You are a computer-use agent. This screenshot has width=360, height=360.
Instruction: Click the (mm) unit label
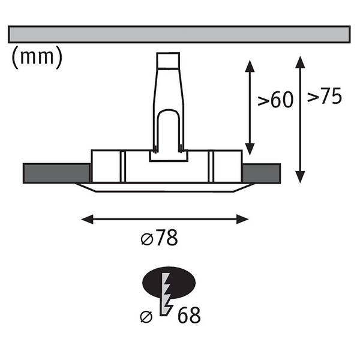pyautogui.click(x=37, y=57)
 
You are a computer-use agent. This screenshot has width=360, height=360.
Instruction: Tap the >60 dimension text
pyautogui.click(x=275, y=100)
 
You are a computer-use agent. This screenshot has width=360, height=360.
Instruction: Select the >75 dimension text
pyautogui.click(x=325, y=96)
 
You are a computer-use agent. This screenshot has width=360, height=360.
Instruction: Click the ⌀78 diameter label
pyautogui.click(x=160, y=238)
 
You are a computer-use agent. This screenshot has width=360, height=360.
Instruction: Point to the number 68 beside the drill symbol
pyautogui.click(x=189, y=315)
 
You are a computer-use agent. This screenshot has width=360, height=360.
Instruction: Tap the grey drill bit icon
pyautogui.click(x=167, y=294)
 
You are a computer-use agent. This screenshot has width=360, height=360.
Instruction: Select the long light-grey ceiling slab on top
pyautogui.click(x=179, y=34)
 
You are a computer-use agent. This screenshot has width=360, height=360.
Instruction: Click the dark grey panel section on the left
pyautogui.click(x=56, y=173)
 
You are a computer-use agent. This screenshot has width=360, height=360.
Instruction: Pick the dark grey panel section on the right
pyautogui.click(x=262, y=173)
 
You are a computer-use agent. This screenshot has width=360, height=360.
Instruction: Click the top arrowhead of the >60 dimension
pyautogui.click(x=250, y=66)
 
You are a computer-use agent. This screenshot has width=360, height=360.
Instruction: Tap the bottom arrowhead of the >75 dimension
pyautogui.click(x=300, y=177)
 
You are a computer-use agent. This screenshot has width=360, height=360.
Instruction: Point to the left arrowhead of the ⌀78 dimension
pyautogui.click(x=87, y=219)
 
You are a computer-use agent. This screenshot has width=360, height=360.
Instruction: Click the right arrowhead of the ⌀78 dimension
pyautogui.click(x=242, y=219)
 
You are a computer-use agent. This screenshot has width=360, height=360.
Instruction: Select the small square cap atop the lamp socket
pyautogui.click(x=168, y=61)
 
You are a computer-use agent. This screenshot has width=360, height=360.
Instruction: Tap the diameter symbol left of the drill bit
pyautogui.click(x=146, y=317)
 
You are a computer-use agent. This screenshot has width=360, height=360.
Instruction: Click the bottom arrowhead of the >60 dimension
pyautogui.click(x=250, y=149)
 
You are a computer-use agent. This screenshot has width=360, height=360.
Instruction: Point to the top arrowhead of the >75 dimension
pyautogui.click(x=300, y=62)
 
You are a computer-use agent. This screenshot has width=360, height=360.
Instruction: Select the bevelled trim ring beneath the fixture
pyautogui.click(x=165, y=188)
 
